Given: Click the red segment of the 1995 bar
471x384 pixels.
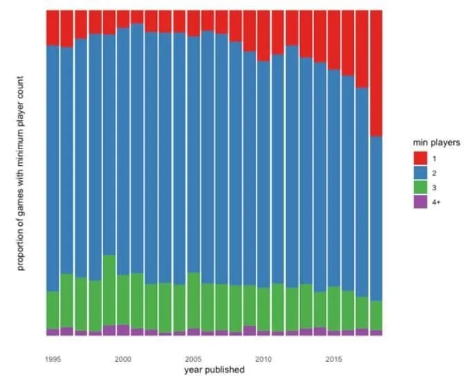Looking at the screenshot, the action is point(53,28).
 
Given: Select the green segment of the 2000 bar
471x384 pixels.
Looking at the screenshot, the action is point(123,300).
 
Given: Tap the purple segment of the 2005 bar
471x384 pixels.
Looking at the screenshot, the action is point(194,332).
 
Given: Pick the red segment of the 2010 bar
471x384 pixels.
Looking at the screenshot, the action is point(264,36).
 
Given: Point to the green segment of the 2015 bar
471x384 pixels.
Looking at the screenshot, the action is point(334,309).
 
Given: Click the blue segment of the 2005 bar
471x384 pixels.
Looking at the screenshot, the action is point(194,155).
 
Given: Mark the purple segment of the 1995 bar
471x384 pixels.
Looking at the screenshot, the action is point(53,332).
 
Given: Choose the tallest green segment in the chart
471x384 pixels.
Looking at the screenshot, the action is point(109,290).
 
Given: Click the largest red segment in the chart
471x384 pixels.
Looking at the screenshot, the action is point(376,73).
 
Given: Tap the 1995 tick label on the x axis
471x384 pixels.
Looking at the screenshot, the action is point(53,359).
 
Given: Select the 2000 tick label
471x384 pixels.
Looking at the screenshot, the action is point(123,359).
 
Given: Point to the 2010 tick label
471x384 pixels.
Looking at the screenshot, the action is point(264,359).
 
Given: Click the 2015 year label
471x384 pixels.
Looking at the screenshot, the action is point(334,359).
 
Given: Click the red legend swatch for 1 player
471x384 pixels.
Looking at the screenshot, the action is point(421,158).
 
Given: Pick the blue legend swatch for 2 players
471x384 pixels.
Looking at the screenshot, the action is point(421,173).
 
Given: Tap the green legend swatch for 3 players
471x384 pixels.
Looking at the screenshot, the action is point(421,187).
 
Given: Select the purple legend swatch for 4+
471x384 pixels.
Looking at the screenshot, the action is point(421,202).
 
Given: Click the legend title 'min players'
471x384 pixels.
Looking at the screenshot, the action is point(436,142).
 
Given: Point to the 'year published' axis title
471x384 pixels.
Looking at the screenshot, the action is point(214,370).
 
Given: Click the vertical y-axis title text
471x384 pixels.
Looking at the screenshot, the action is point(20,173).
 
